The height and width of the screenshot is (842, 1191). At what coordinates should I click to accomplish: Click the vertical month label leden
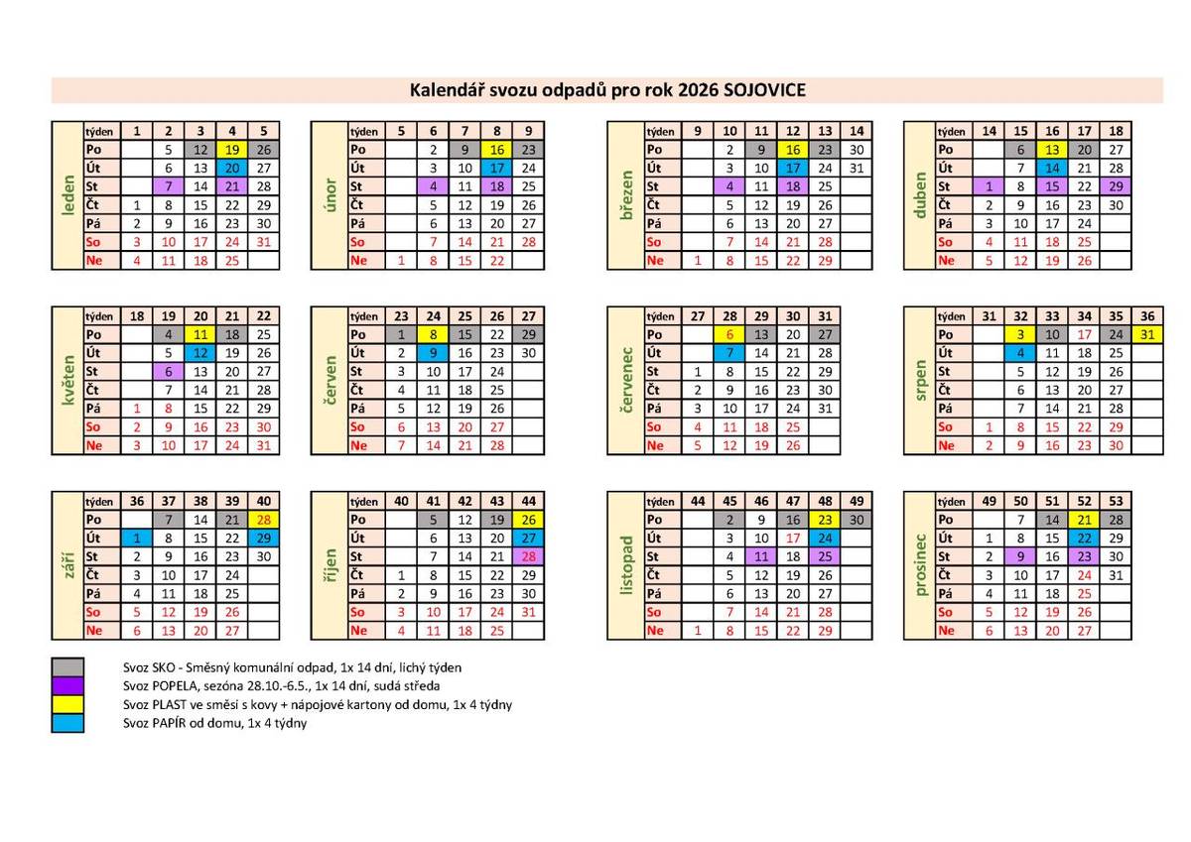point(68,195)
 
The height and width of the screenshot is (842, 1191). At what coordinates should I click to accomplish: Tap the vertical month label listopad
point(625,565)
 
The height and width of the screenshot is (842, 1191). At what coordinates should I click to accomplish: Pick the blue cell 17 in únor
point(497,168)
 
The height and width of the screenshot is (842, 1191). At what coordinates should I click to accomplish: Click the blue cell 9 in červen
point(434,353)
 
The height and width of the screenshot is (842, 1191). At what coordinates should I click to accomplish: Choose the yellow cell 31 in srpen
point(1147,334)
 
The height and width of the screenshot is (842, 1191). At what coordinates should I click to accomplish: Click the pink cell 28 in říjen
point(528,556)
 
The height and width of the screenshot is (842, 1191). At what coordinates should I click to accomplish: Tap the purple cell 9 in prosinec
point(1020,556)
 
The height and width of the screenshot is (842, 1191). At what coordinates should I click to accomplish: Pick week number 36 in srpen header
point(1147,316)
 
